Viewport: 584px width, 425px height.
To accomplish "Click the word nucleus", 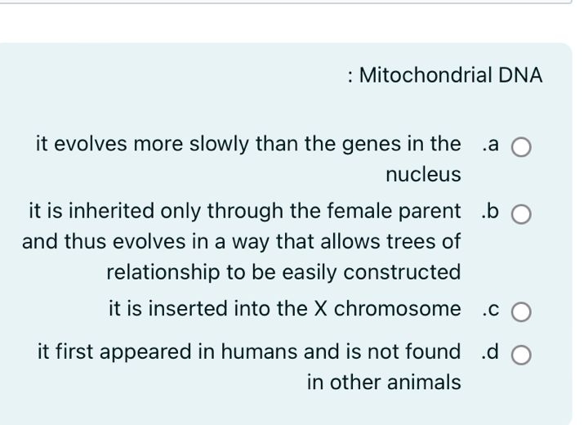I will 423,174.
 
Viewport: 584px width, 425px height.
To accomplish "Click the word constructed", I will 403,271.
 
